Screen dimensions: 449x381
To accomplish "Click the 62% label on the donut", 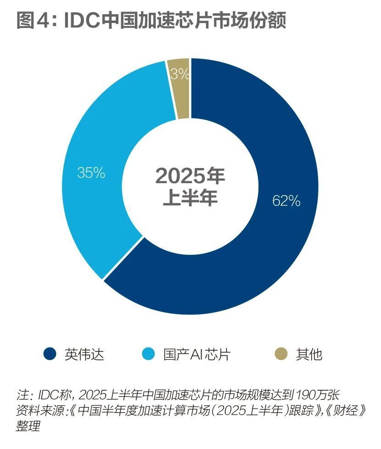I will (286, 201).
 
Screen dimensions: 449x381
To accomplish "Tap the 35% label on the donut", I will (91, 173).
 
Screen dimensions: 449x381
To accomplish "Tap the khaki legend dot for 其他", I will (281, 354).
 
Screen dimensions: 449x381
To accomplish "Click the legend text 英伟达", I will (84, 354).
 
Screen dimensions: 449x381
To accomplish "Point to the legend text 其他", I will (309, 354).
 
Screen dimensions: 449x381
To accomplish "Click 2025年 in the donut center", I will (190, 176).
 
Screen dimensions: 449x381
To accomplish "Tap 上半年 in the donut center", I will (190, 199).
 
